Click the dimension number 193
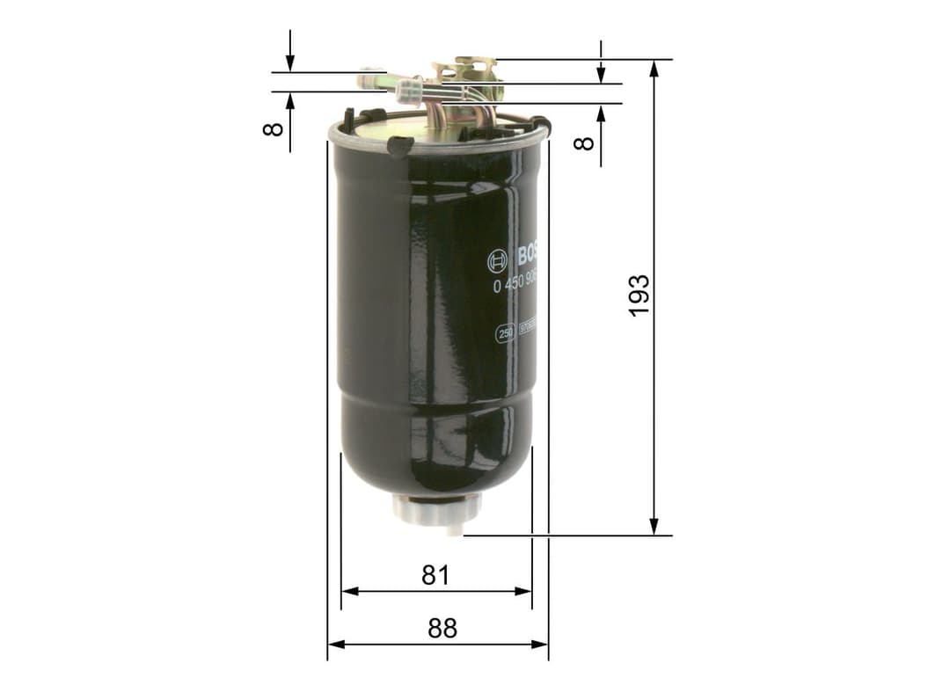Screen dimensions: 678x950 pos(639,295)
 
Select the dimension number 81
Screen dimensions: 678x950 pos(435,575)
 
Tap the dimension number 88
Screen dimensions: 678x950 pos(442,628)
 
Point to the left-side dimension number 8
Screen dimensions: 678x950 pos(274,128)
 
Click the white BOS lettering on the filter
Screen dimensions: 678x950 pos(527,256)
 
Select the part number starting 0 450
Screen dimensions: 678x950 pos(516,284)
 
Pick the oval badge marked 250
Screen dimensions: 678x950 pos(506,334)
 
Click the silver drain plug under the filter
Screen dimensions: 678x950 pos(437,510)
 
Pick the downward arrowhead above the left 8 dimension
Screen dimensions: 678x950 pos(290,64)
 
